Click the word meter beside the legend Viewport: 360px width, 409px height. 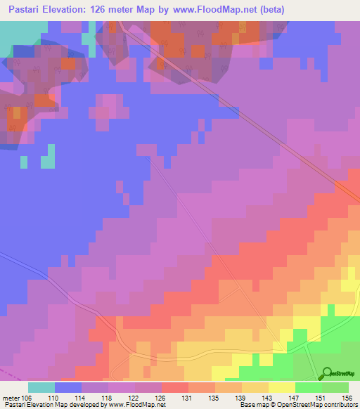(12, 397)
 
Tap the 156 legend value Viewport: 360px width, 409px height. (345, 397)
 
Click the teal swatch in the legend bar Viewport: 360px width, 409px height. (41, 387)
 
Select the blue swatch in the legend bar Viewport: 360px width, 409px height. (68, 387)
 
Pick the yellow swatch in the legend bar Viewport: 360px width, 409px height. (282, 387)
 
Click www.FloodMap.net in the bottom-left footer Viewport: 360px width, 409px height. (138, 405)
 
